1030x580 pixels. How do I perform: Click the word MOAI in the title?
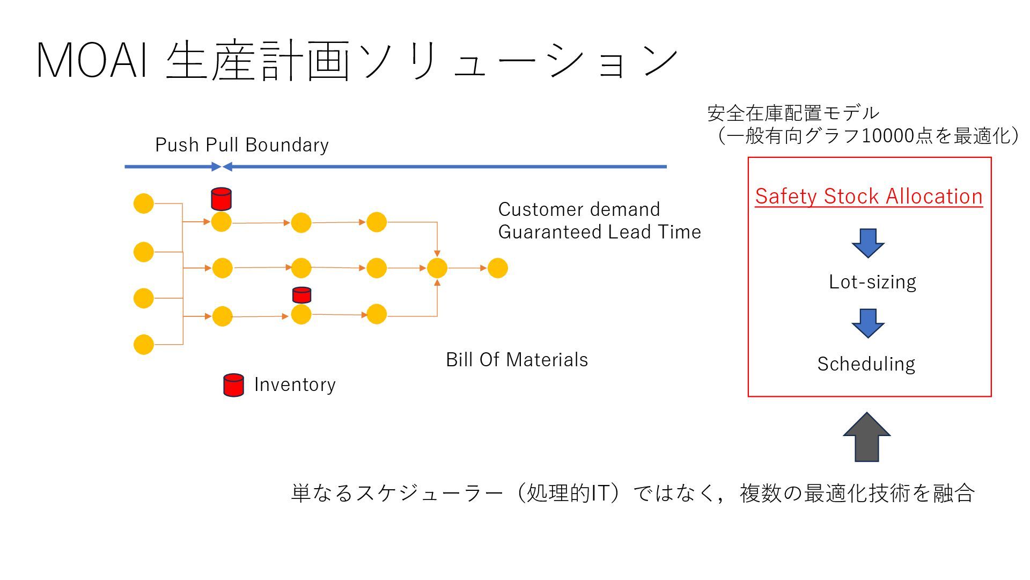coord(92,60)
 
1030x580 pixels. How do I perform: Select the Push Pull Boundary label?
coord(241,145)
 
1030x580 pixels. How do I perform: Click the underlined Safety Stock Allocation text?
coord(869,196)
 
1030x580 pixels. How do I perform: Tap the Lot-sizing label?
coord(872,282)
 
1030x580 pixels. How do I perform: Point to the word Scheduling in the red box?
coord(866,364)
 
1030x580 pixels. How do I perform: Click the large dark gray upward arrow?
coord(867,438)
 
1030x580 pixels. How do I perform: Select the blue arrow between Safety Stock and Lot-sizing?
coord(868,243)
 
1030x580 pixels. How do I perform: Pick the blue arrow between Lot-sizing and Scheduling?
coord(868,323)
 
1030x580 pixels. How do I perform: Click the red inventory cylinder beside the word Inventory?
coord(233,385)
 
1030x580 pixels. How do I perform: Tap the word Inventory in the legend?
coord(295,385)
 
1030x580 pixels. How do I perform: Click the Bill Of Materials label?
coord(517,360)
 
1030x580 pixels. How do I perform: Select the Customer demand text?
coord(579,209)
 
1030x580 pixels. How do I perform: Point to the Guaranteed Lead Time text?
coord(599,232)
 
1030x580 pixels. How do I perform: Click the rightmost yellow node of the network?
coord(497,268)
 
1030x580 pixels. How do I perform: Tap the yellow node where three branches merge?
coord(437,268)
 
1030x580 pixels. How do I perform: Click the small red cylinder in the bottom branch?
coord(301,295)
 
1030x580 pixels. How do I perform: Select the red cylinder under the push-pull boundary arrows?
coord(221,199)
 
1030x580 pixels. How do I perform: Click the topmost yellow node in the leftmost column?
coord(143,204)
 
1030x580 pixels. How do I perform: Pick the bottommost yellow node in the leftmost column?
coord(143,344)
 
